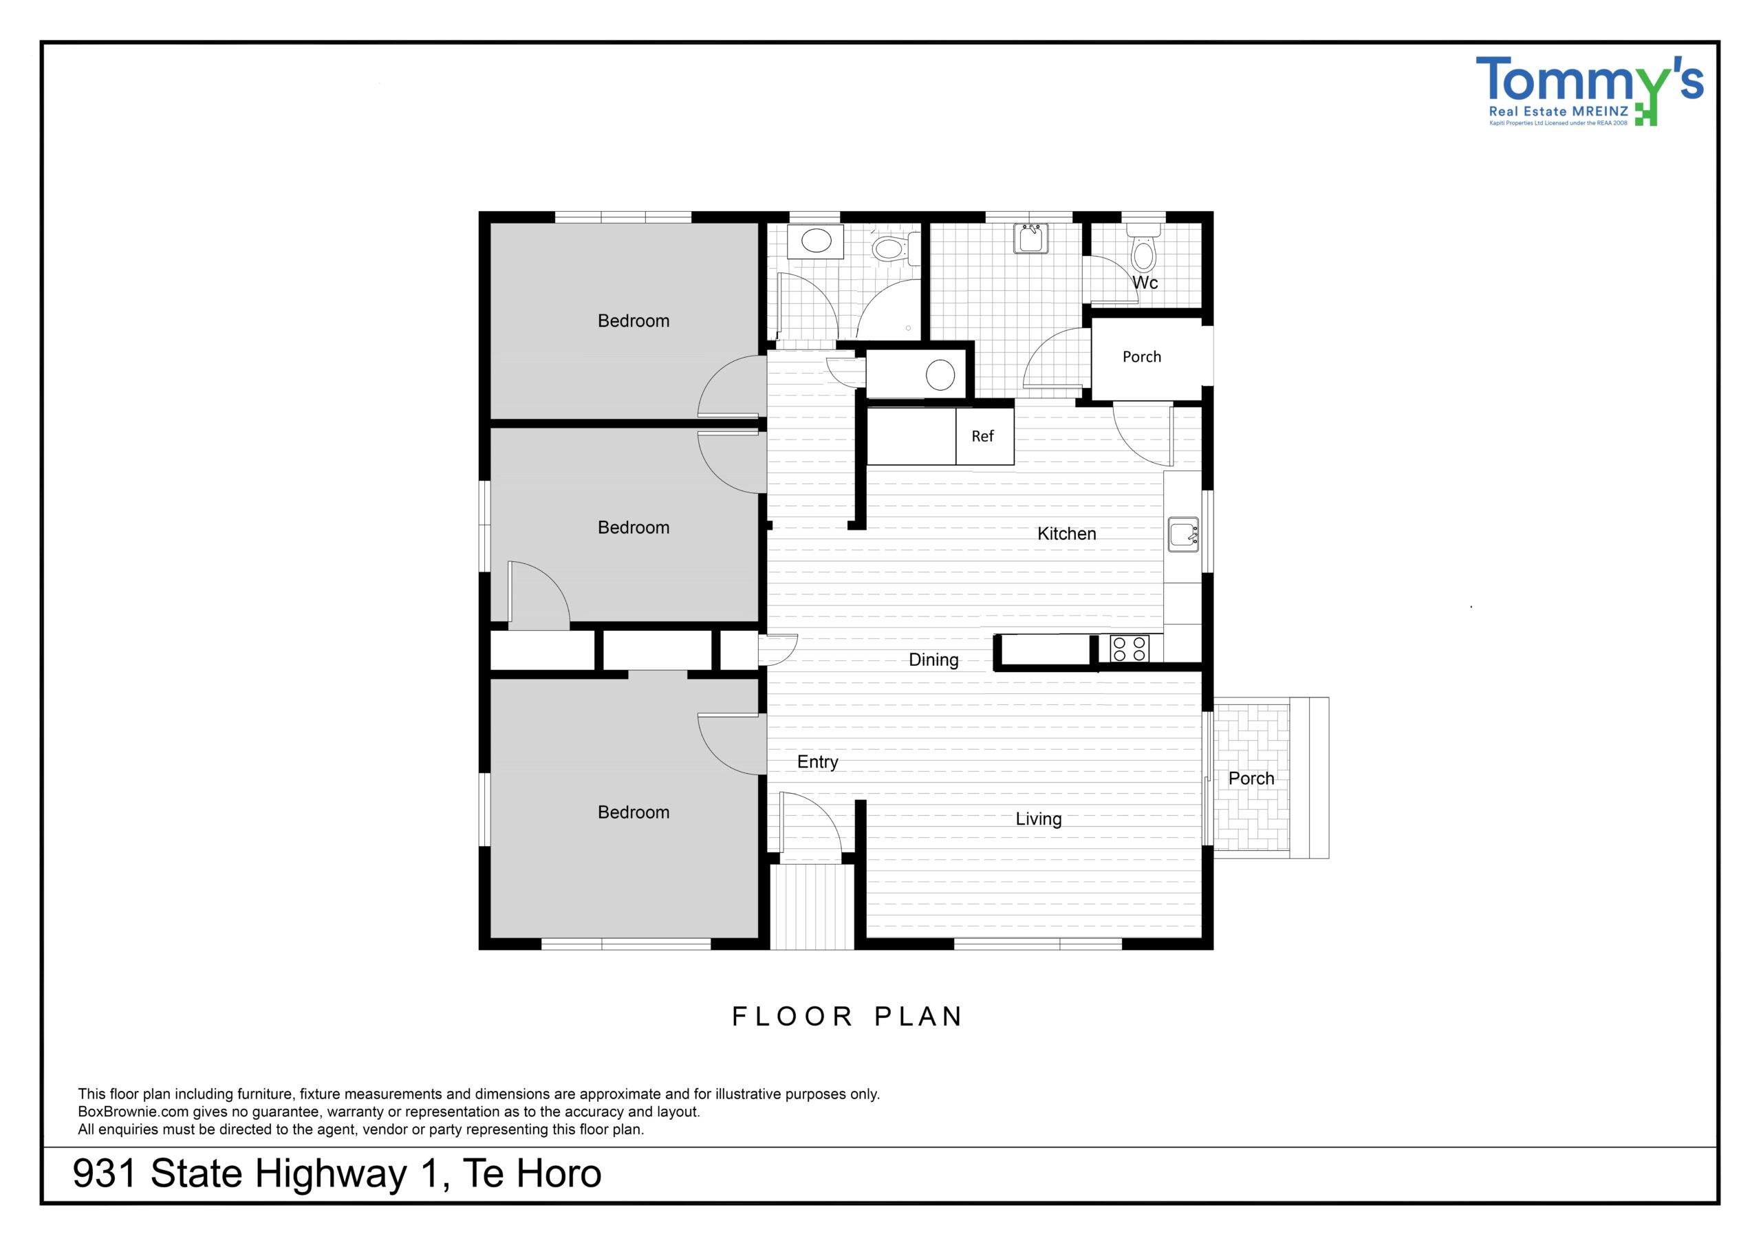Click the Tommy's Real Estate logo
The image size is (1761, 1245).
click(x=1589, y=91)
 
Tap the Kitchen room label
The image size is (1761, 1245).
click(x=1066, y=534)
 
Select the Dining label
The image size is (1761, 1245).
click(x=933, y=660)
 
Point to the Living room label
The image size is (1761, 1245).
click(x=1039, y=819)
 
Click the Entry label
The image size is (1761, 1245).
click(x=818, y=761)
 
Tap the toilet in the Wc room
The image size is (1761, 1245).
click(x=1143, y=247)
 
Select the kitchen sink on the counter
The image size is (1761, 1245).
click(x=1183, y=534)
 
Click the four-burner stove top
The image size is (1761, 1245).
click(x=1130, y=648)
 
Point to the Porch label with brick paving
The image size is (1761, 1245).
click(x=1251, y=779)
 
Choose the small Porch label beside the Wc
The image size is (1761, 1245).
click(x=1142, y=357)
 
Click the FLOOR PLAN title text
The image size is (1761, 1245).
click(x=847, y=1017)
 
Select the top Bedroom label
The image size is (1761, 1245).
click(x=634, y=321)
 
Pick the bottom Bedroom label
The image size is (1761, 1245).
click(x=634, y=812)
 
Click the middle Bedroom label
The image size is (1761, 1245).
click(x=634, y=528)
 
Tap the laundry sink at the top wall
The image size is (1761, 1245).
click(x=1032, y=238)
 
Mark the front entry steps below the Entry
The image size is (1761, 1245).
click(x=812, y=907)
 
